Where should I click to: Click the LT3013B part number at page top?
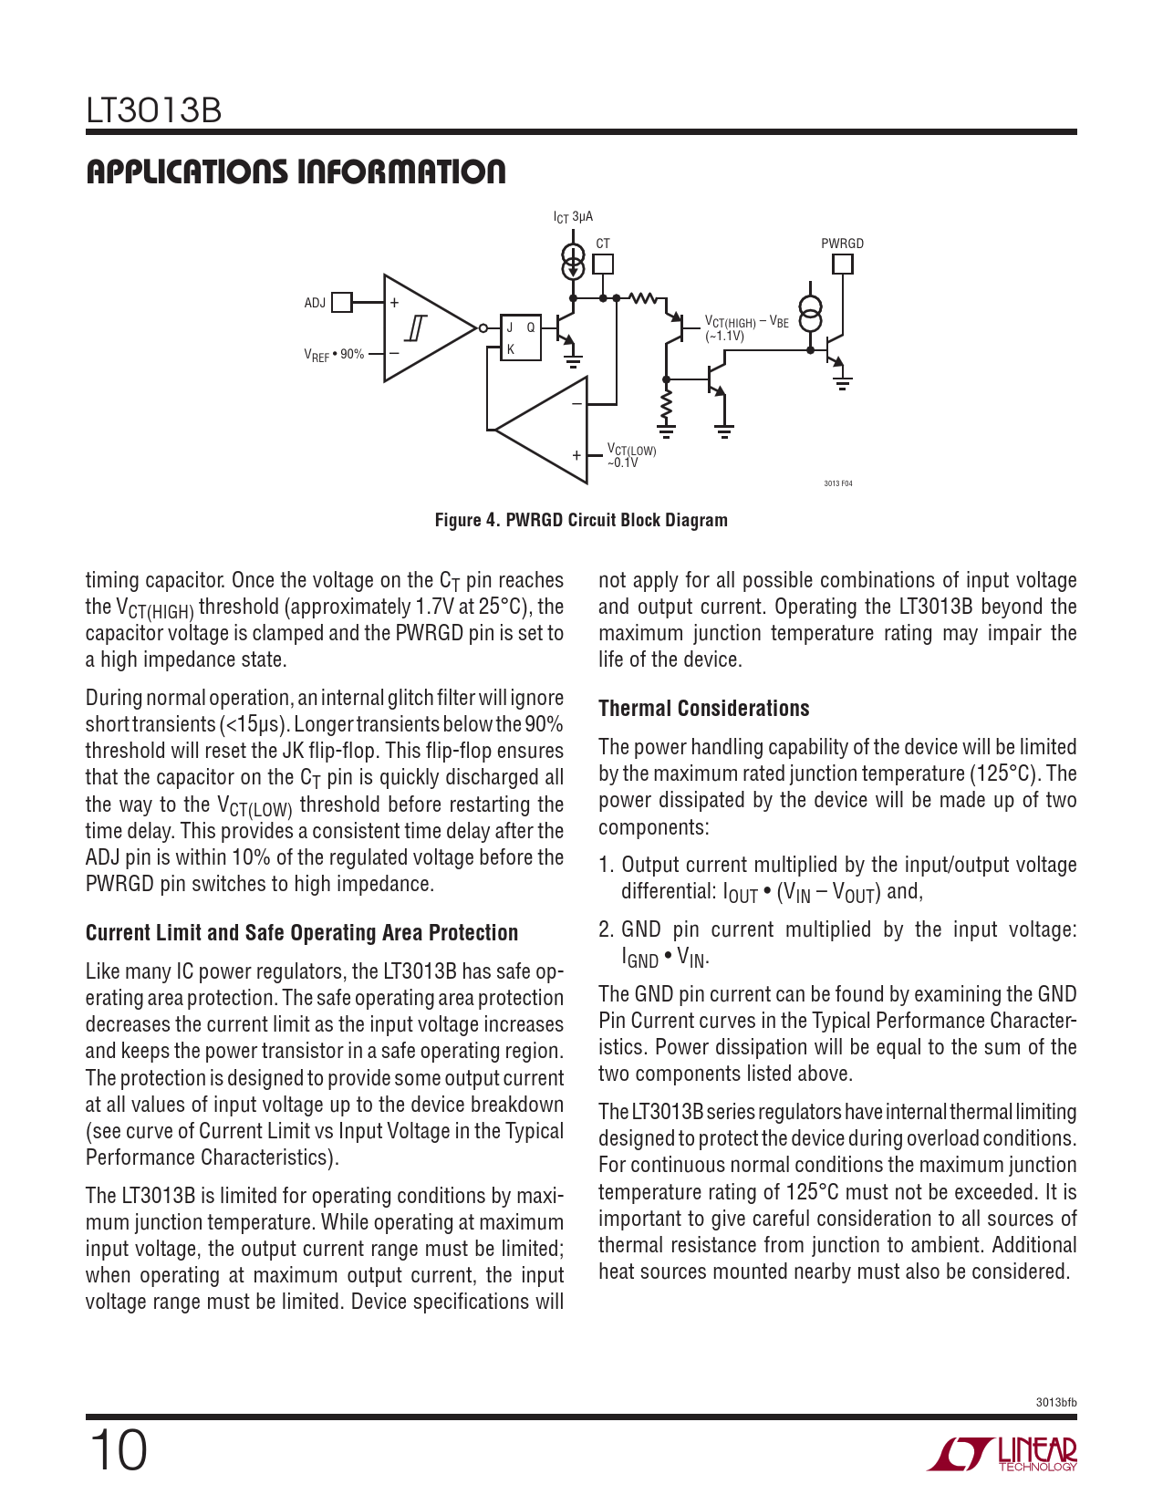click(153, 110)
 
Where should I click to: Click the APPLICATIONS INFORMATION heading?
click(296, 171)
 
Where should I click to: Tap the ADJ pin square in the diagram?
click(342, 302)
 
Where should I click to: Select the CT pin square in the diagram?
click(603, 265)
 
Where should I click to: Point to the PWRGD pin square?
click(843, 265)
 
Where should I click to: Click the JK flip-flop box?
click(521, 337)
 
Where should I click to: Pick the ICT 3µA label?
click(573, 217)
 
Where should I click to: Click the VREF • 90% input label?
click(334, 355)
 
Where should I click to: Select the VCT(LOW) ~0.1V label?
click(631, 456)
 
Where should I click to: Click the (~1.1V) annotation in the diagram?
click(724, 336)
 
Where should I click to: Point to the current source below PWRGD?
click(810, 314)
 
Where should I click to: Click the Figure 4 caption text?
click(581, 520)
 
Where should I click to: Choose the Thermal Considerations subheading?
click(703, 709)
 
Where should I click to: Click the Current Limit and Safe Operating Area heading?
click(301, 933)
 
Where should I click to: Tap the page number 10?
click(118, 1450)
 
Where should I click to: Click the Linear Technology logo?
click(1002, 1454)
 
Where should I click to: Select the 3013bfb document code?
click(1056, 1402)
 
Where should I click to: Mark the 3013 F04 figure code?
click(837, 483)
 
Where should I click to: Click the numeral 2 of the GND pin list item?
click(606, 929)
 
